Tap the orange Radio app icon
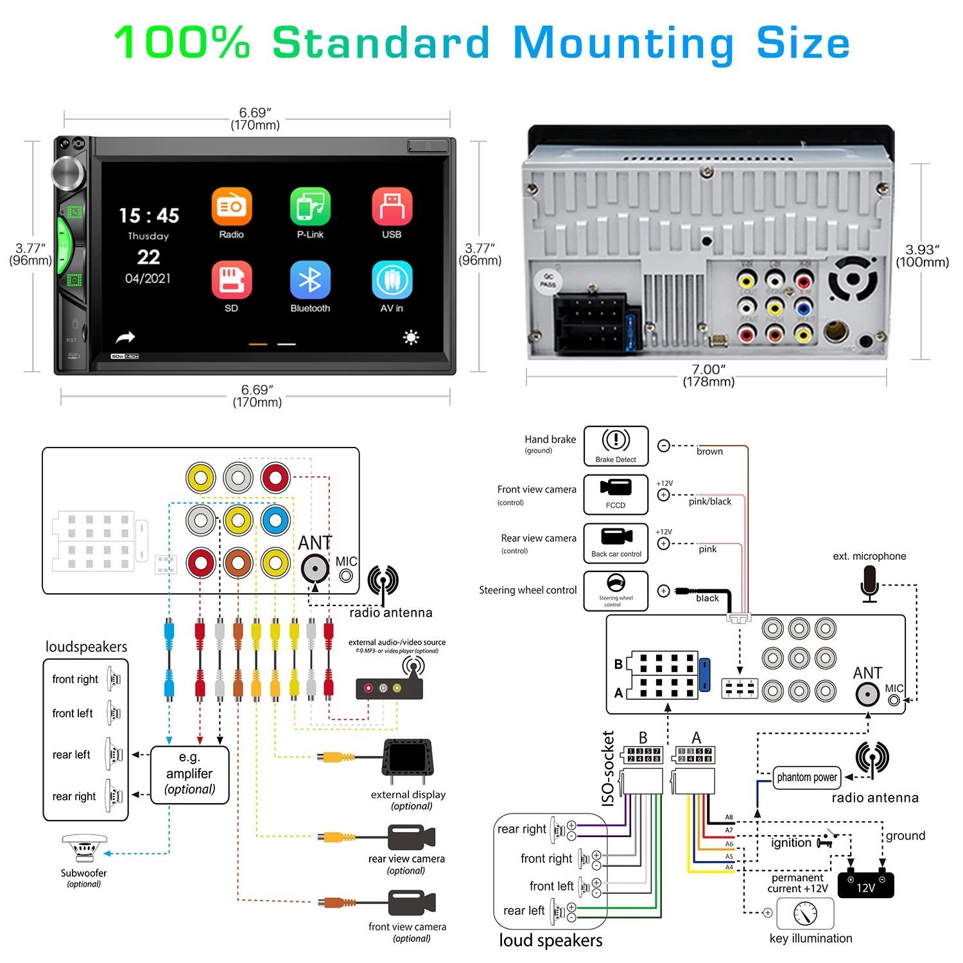[x=231, y=207]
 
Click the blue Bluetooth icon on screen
[x=310, y=280]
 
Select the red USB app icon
[x=392, y=207]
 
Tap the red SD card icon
[x=231, y=280]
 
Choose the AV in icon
[x=392, y=280]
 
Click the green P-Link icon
[x=310, y=207]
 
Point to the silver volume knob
[x=68, y=173]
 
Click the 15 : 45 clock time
[x=149, y=216]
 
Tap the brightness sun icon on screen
[x=411, y=337]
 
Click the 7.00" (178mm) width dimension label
[x=708, y=376]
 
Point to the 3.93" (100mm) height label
[x=922, y=256]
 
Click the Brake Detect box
[x=616, y=446]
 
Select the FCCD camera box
[x=616, y=494]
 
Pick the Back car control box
[x=616, y=543]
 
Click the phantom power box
[x=807, y=777]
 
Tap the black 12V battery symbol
[x=865, y=885]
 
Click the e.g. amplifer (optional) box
[x=189, y=774]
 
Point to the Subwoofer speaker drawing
[x=84, y=848]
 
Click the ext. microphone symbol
[x=869, y=585]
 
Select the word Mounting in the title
[x=623, y=43]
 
